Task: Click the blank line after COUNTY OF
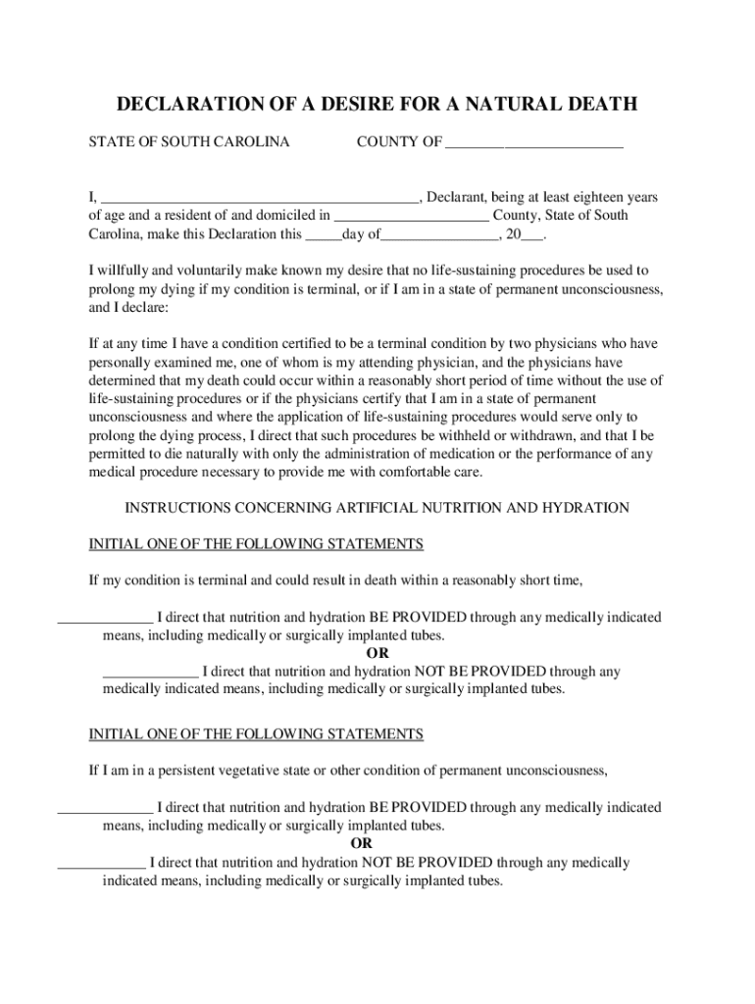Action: point(533,143)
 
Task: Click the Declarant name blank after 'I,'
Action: point(260,198)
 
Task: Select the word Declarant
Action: point(459,197)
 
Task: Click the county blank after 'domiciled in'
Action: point(412,216)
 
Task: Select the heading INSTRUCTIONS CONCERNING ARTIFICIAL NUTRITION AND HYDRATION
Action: point(377,508)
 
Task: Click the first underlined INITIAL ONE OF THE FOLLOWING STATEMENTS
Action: point(256,544)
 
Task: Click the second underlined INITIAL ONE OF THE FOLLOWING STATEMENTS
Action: point(256,734)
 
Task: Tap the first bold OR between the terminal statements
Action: point(377,654)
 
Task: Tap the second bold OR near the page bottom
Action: point(362,844)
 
